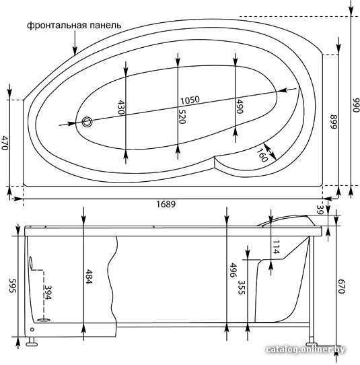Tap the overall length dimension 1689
click(x=166, y=204)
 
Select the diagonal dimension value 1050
click(x=190, y=100)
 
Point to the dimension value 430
click(x=121, y=107)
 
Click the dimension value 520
click(x=182, y=116)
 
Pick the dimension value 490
click(x=240, y=106)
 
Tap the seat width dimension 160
click(x=262, y=155)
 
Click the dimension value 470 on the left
click(x=5, y=143)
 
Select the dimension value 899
click(x=334, y=121)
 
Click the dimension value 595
click(x=12, y=286)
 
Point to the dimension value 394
click(x=48, y=292)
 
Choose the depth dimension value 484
click(x=89, y=277)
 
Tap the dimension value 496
click(x=233, y=270)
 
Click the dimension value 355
click(x=242, y=288)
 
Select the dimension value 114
click(x=275, y=247)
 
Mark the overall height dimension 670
click(x=341, y=286)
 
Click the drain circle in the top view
click(x=87, y=122)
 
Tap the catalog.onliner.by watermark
click(x=305, y=349)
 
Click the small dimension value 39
click(x=320, y=210)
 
